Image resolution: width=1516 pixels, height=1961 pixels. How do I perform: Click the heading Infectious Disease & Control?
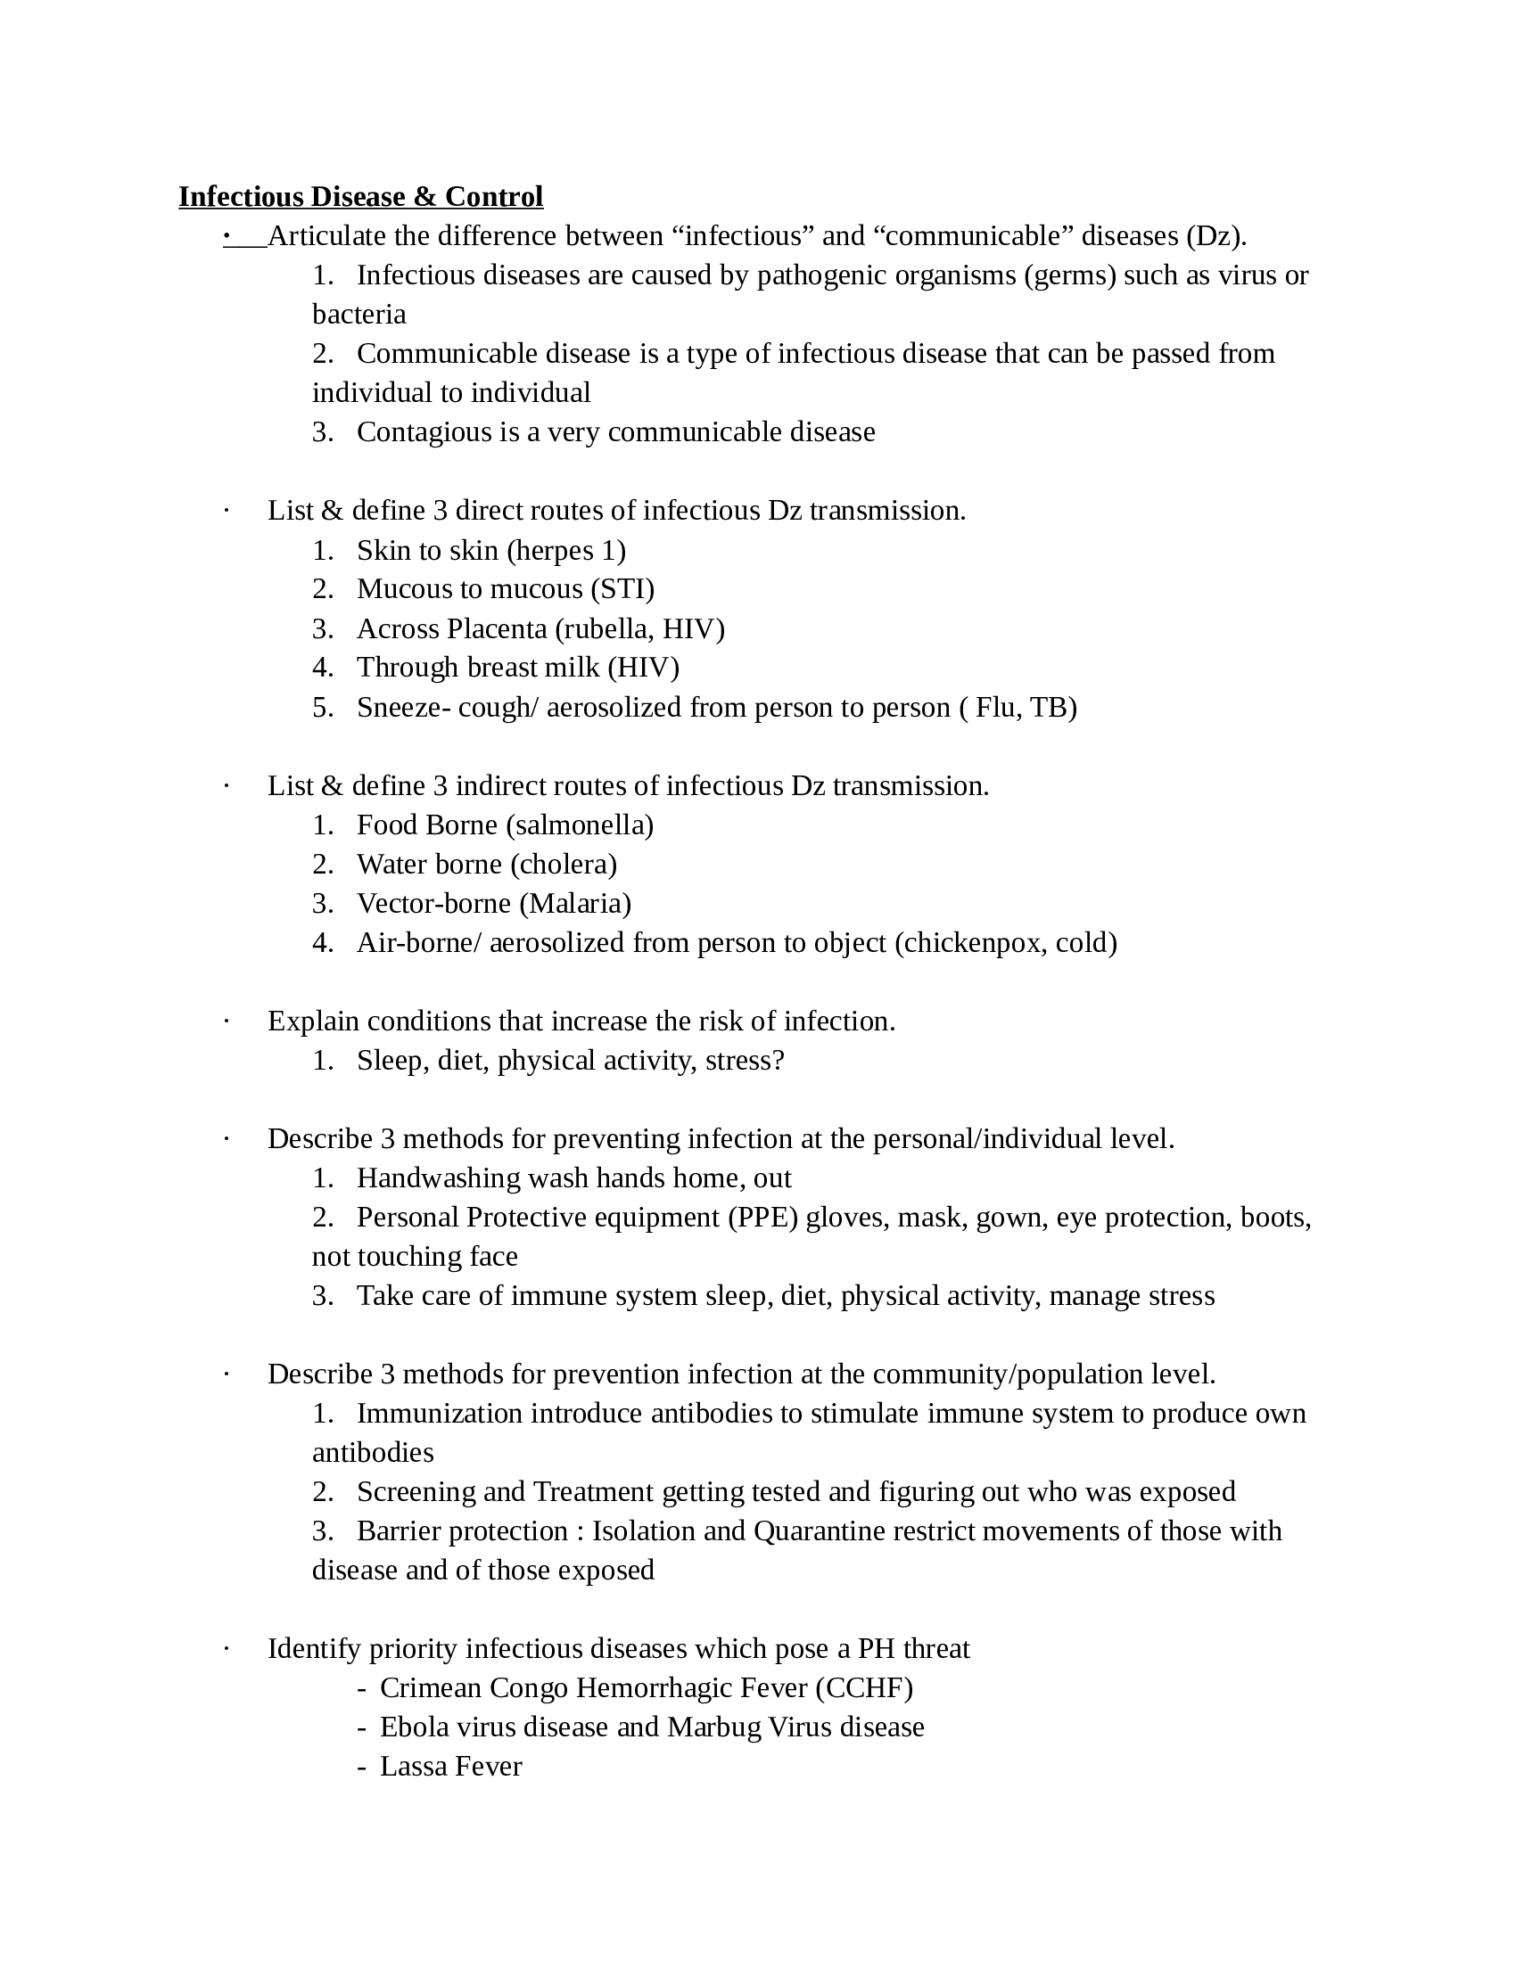(360, 197)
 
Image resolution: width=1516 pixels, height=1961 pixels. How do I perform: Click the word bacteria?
(359, 315)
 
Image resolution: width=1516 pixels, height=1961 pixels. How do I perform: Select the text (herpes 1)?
(565, 550)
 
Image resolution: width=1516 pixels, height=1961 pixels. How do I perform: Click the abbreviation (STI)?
(622, 589)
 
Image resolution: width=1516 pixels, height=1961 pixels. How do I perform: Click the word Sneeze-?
(403, 708)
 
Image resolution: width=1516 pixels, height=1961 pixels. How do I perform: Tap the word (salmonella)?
(580, 825)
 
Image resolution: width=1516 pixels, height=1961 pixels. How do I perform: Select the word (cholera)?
(563, 865)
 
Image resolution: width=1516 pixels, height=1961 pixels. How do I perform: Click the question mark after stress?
(779, 1061)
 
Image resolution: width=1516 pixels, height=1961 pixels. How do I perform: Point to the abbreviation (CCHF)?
(863, 1688)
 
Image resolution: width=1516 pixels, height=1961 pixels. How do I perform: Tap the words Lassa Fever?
(450, 1767)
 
